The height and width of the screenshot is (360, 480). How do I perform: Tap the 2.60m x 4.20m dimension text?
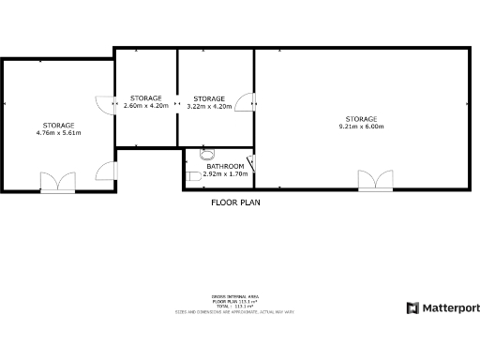(145, 106)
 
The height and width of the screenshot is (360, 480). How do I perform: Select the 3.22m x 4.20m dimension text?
(209, 106)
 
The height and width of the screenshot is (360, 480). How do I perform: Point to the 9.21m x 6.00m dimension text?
(361, 127)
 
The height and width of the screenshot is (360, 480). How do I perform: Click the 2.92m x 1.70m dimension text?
(225, 173)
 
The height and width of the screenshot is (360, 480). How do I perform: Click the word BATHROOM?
(225, 166)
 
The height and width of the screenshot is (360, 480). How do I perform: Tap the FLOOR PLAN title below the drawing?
(234, 202)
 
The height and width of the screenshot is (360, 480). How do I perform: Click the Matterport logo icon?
(412, 307)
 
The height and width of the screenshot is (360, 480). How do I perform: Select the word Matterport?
(449, 307)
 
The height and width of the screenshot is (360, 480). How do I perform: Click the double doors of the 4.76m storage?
(56, 182)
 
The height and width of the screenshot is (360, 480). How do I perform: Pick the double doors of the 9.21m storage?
(373, 180)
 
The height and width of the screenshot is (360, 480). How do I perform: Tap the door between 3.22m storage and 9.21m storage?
(246, 100)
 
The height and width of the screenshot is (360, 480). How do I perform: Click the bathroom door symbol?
(250, 163)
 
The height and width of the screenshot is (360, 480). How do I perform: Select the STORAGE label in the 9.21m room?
(361, 119)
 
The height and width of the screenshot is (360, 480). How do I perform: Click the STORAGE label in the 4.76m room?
(58, 125)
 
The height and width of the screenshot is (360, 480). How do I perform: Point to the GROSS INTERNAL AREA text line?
(235, 295)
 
